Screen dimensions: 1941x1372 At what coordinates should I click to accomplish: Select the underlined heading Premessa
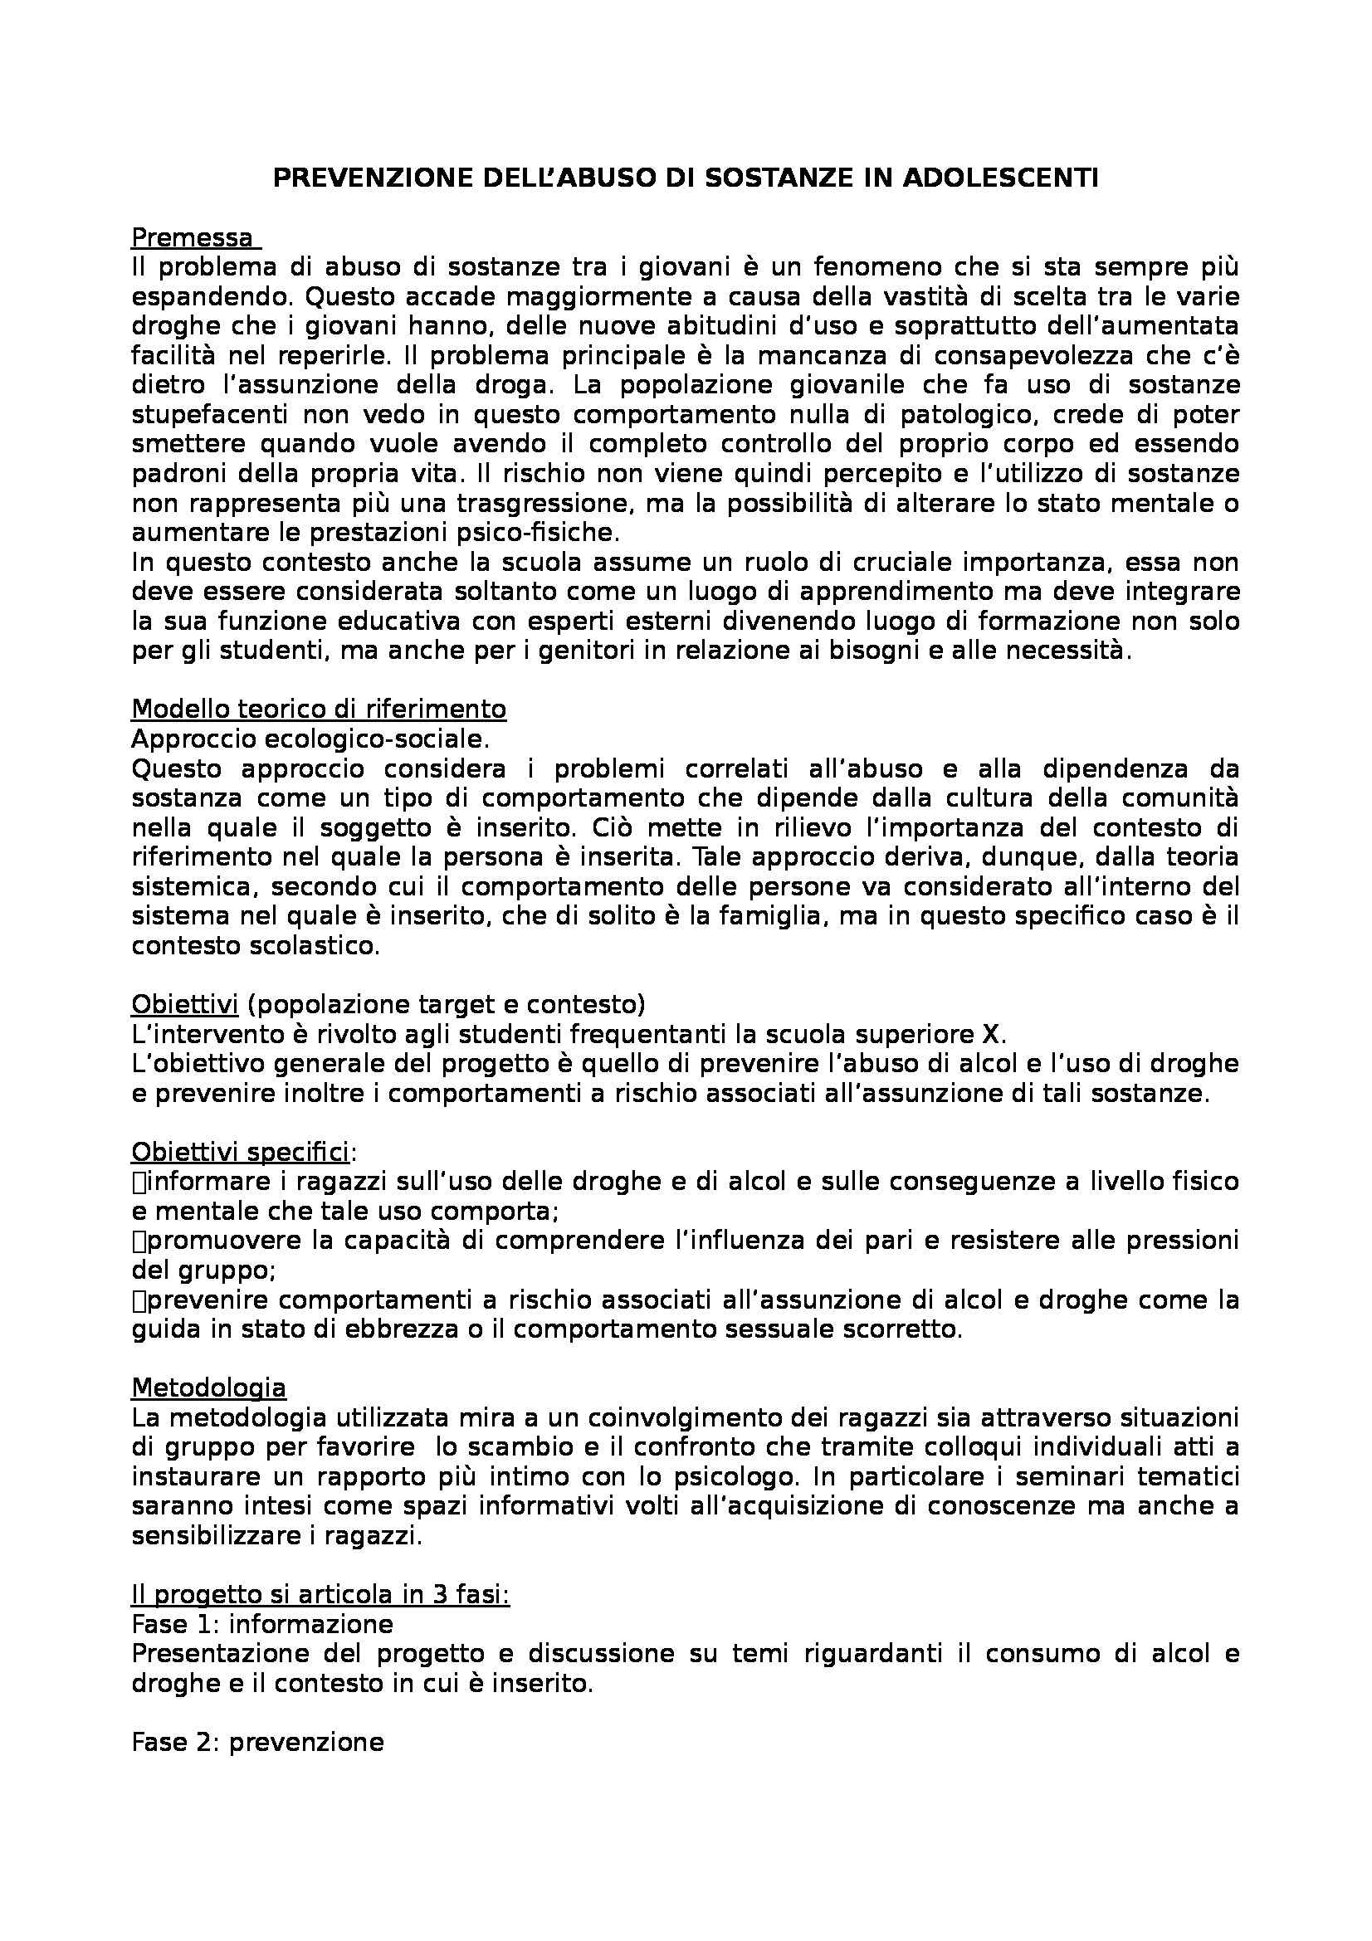coord(192,237)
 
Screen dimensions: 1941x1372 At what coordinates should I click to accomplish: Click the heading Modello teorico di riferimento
coord(319,709)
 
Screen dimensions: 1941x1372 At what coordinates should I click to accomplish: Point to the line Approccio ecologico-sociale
coord(310,739)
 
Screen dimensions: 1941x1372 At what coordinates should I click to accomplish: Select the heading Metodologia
coord(209,1387)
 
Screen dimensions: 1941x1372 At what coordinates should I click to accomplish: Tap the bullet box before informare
coord(139,1183)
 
